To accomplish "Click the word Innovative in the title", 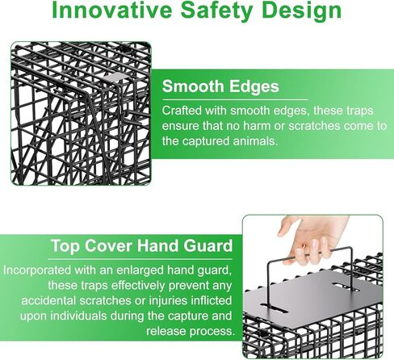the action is (112, 10).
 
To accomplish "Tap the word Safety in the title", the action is (216, 11).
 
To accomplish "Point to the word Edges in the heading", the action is (254, 87).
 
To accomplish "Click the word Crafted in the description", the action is (182, 111).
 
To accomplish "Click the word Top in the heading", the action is (65, 246).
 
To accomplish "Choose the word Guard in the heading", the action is (208, 245).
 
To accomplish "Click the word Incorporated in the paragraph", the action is (37, 270).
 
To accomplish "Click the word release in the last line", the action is (166, 331).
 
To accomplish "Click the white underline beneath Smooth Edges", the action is (235, 100).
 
